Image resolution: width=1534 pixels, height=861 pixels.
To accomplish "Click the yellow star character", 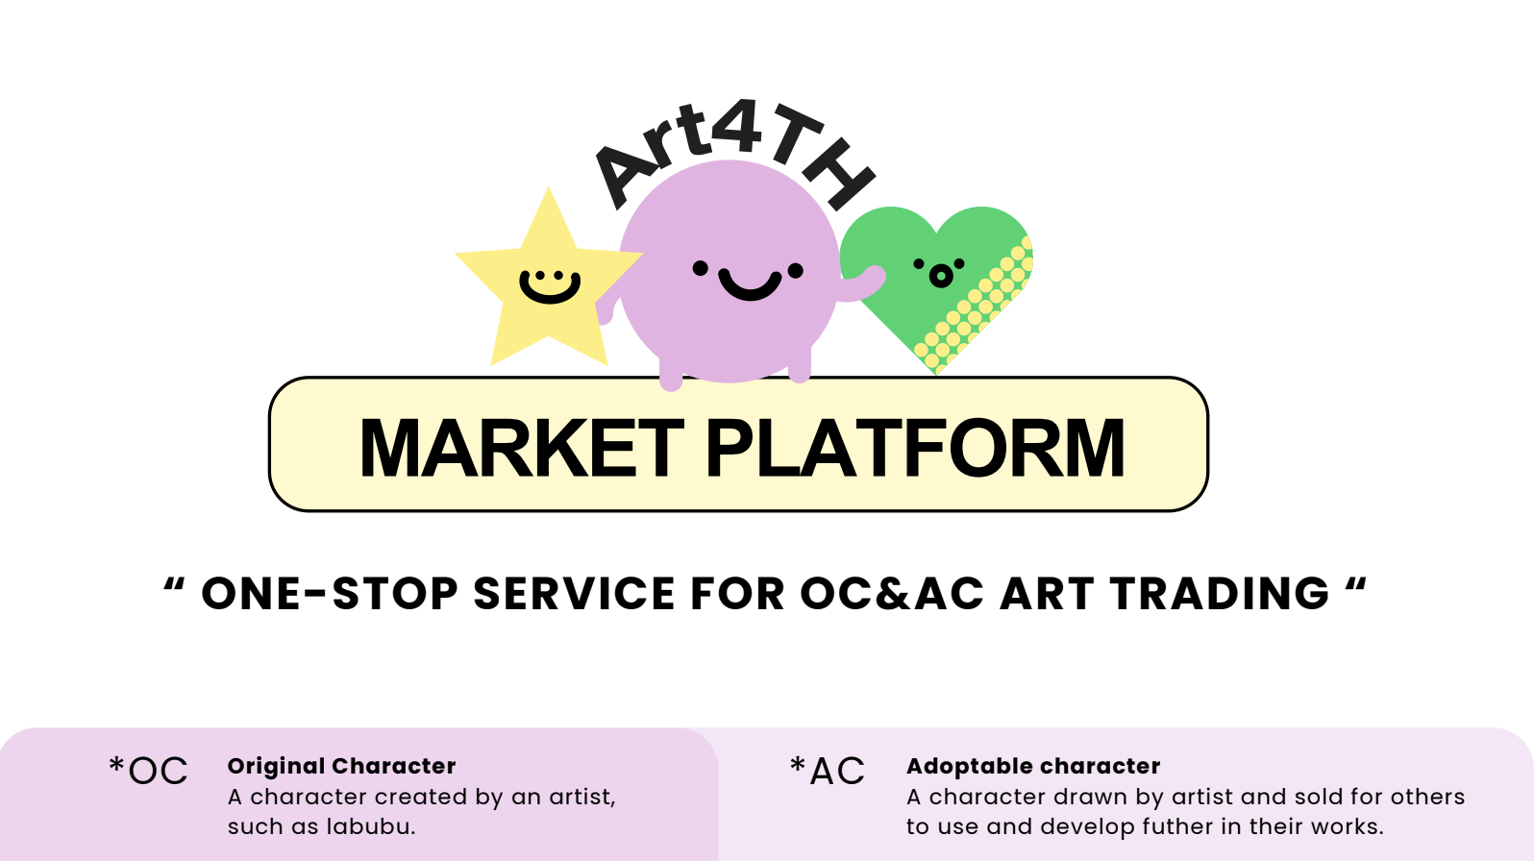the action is coord(548,287).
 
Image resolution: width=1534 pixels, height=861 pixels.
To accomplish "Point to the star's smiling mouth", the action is coord(549,289).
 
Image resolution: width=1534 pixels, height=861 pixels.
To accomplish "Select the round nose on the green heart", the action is coord(941,276).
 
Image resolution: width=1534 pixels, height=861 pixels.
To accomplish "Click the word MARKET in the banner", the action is coord(522,448).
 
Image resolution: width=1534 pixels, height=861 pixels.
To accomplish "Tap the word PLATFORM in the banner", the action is coord(915,448).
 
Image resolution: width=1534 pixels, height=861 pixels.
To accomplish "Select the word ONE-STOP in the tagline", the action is coord(330,593).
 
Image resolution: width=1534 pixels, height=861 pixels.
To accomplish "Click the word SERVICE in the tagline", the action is coord(574,593).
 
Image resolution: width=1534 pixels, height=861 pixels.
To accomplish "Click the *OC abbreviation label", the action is coord(148,771).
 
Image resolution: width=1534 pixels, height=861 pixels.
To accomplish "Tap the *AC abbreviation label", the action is coord(828,771).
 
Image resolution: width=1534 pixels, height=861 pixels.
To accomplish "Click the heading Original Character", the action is coord(342,766).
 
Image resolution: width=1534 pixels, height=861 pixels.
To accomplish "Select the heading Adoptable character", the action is coord(1033,766).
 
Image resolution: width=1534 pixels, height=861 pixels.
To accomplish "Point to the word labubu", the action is coord(370,826).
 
